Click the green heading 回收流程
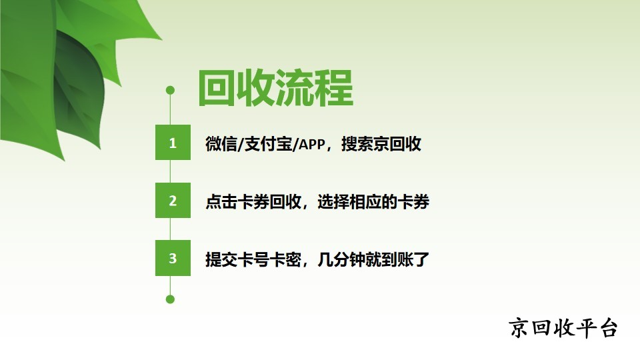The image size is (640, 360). click(275, 88)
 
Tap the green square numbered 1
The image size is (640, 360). click(173, 142)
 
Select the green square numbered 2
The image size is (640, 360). click(173, 200)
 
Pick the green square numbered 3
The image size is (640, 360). click(173, 258)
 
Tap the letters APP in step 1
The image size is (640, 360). click(313, 144)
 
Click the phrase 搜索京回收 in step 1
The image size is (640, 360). click(381, 144)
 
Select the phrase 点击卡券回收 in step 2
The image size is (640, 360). click(253, 201)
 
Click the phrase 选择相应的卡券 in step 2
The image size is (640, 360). click(373, 201)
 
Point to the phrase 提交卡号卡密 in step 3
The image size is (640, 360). click(253, 259)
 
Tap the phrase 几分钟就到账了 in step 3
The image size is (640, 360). click(373, 259)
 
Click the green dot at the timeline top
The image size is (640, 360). click(170, 90)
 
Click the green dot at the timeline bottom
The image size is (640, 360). click(170, 299)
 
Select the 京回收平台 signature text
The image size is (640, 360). click(563, 328)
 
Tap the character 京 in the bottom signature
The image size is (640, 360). click(519, 328)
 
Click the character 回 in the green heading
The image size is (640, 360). click(216, 88)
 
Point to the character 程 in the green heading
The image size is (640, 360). click(333, 88)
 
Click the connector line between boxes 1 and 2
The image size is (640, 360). click(170, 171)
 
